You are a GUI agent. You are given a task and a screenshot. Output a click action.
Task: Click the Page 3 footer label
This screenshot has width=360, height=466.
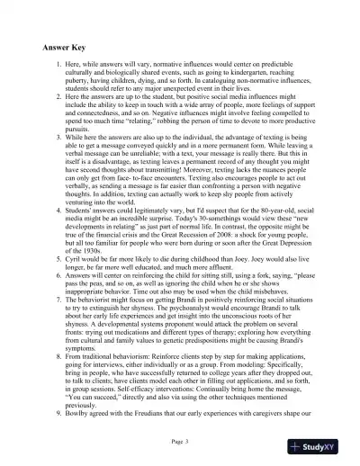coord(180,443)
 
